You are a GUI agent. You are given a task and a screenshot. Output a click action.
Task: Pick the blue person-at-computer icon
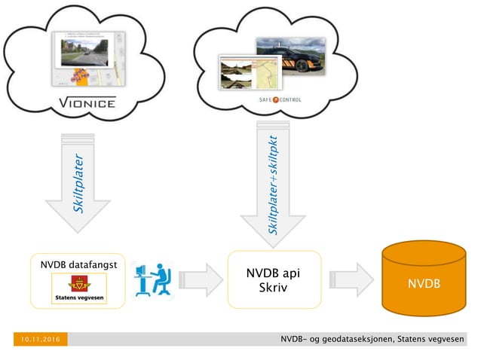pyautogui.click(x=152, y=280)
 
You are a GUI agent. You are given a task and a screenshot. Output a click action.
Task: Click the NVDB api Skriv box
pyautogui.click(x=268, y=280)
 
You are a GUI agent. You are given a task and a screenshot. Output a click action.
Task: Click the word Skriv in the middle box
pyautogui.click(x=268, y=288)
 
